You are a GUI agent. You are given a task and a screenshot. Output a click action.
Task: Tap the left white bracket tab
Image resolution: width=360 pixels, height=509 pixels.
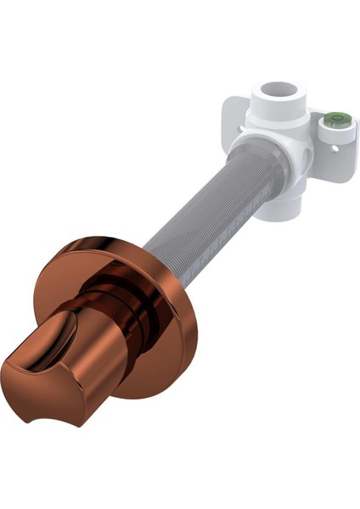pos(234,119)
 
